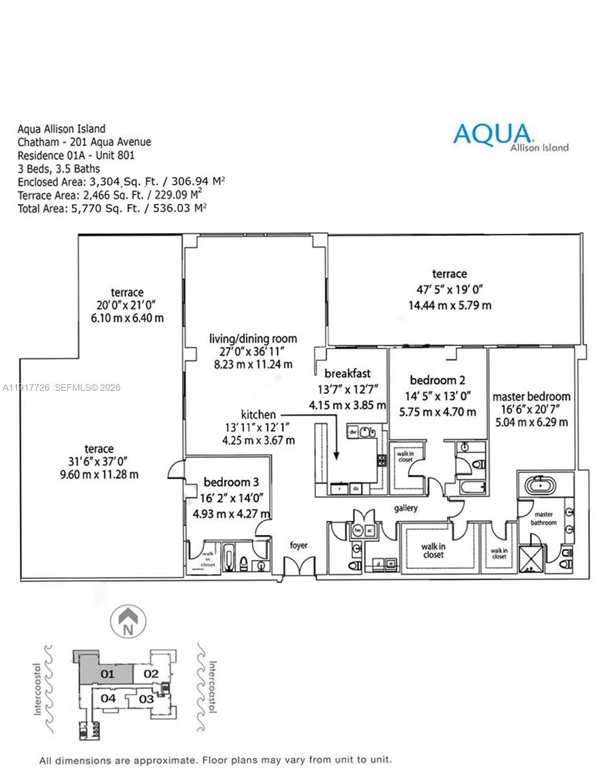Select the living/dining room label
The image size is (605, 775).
coord(253,339)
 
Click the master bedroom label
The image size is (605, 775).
coord(531,397)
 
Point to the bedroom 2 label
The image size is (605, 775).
coord(438,380)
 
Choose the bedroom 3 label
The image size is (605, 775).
coord(226,482)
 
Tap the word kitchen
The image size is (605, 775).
coord(258,415)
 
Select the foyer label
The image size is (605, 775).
coord(298,546)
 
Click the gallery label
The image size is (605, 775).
coord(406,508)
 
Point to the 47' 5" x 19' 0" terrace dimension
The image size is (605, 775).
coord(450,289)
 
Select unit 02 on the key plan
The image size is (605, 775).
coord(150,674)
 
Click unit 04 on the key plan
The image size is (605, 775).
coord(108,698)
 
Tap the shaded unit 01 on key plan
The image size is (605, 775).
coord(107,674)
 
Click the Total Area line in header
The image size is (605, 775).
coord(112,207)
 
